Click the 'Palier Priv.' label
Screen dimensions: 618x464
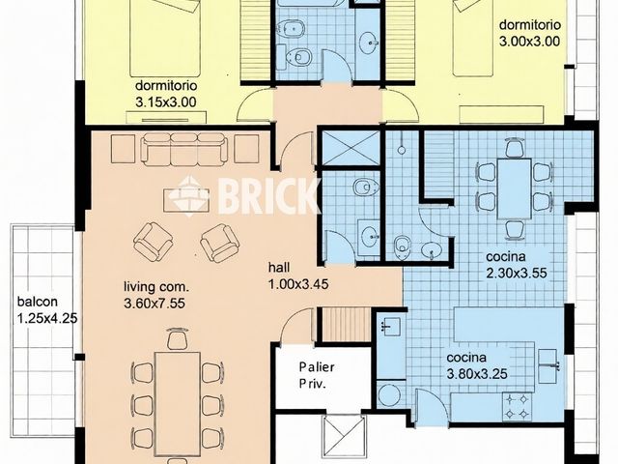coord(317,375)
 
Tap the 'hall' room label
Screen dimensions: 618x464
coord(279,268)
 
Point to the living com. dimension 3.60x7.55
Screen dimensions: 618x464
coord(154,304)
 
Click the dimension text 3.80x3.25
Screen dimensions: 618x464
coord(477,374)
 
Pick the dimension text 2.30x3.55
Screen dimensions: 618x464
coord(517,273)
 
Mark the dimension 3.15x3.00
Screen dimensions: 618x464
coord(166,102)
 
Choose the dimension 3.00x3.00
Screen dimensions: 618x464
coord(530,41)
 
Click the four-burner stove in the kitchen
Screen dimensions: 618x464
coord(517,407)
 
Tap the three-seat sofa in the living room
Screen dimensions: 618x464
coord(184,149)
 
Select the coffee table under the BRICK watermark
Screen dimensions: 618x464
coord(186,200)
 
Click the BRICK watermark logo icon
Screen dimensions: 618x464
coord(193,196)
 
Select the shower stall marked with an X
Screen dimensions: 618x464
coord(351,148)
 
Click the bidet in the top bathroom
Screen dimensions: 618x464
coord(291,29)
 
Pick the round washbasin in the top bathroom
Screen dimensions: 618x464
coord(369,40)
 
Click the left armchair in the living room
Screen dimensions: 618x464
coord(154,242)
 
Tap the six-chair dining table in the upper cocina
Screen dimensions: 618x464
coord(514,188)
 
